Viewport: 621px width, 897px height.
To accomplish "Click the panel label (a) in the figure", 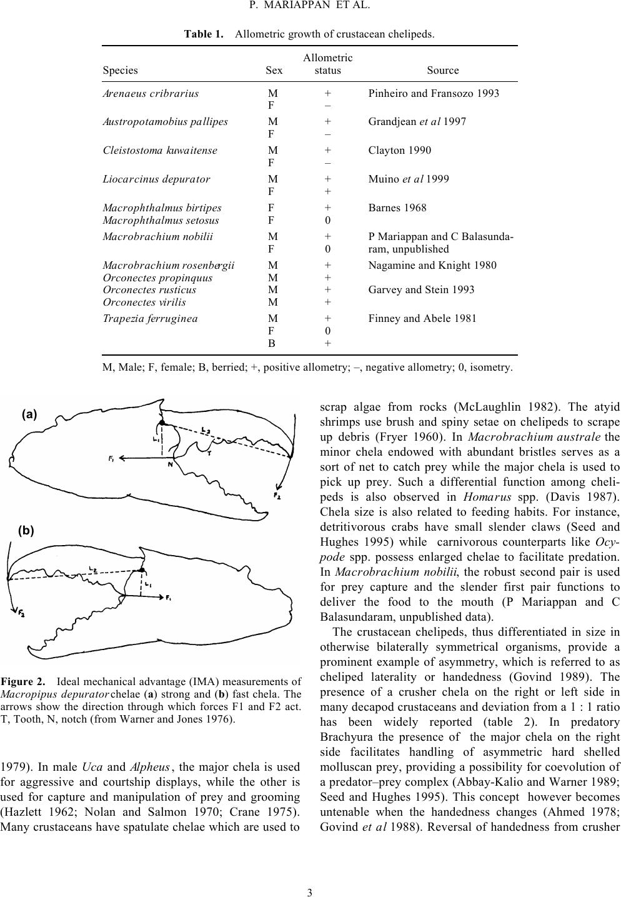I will [29, 414].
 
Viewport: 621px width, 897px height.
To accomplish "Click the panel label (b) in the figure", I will [26, 531].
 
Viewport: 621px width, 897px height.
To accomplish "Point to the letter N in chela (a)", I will [170, 465].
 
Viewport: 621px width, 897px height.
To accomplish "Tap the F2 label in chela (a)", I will [277, 496].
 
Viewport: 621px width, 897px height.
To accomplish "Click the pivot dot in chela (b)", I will [142, 570].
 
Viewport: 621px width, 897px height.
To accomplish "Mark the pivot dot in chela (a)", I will [162, 423].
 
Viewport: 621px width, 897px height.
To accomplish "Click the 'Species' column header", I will [120, 71].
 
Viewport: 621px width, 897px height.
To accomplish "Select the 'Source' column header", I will [442, 71].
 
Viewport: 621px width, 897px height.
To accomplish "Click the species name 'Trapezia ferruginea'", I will [150, 318].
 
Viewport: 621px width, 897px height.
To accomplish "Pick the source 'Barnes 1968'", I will [397, 208].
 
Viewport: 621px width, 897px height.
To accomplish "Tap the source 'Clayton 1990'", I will [399, 150].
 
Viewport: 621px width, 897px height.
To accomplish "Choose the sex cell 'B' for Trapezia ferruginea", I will [272, 343].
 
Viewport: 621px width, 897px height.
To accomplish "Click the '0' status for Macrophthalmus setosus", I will [327, 220].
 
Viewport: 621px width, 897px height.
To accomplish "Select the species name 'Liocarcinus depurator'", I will [156, 179].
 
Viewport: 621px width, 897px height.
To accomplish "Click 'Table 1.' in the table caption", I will [204, 34].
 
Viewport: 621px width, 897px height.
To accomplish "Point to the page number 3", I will [310, 891].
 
